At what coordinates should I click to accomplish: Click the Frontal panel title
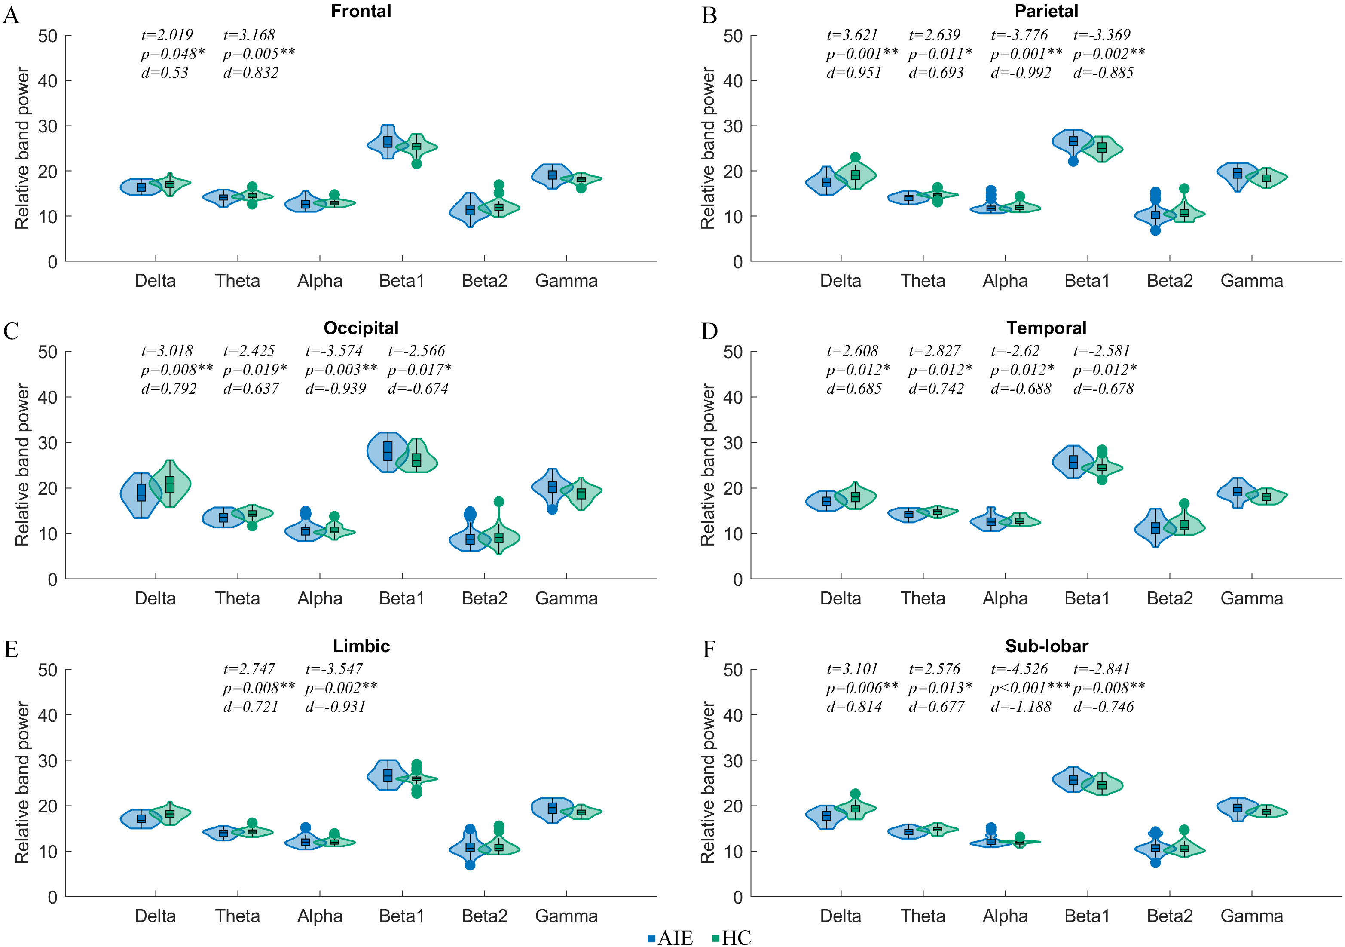tap(361, 11)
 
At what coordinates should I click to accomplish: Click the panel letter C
tap(11, 331)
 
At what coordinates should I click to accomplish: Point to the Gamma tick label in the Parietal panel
tap(1251, 281)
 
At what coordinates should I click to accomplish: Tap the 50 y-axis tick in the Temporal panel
tap(733, 352)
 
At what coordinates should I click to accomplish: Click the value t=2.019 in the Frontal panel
tap(167, 35)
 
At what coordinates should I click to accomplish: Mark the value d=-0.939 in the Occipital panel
tap(336, 389)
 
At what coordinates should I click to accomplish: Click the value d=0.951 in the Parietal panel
tap(853, 73)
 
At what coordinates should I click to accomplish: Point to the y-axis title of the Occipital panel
tap(22, 465)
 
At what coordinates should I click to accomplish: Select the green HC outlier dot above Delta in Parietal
tap(855, 157)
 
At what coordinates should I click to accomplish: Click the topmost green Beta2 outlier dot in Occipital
tap(498, 502)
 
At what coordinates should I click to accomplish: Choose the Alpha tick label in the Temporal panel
tap(1005, 598)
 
